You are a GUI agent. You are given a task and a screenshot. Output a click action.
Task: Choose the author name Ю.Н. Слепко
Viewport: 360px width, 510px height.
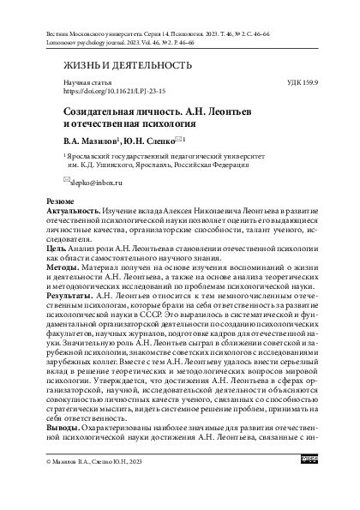[x=126, y=138]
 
